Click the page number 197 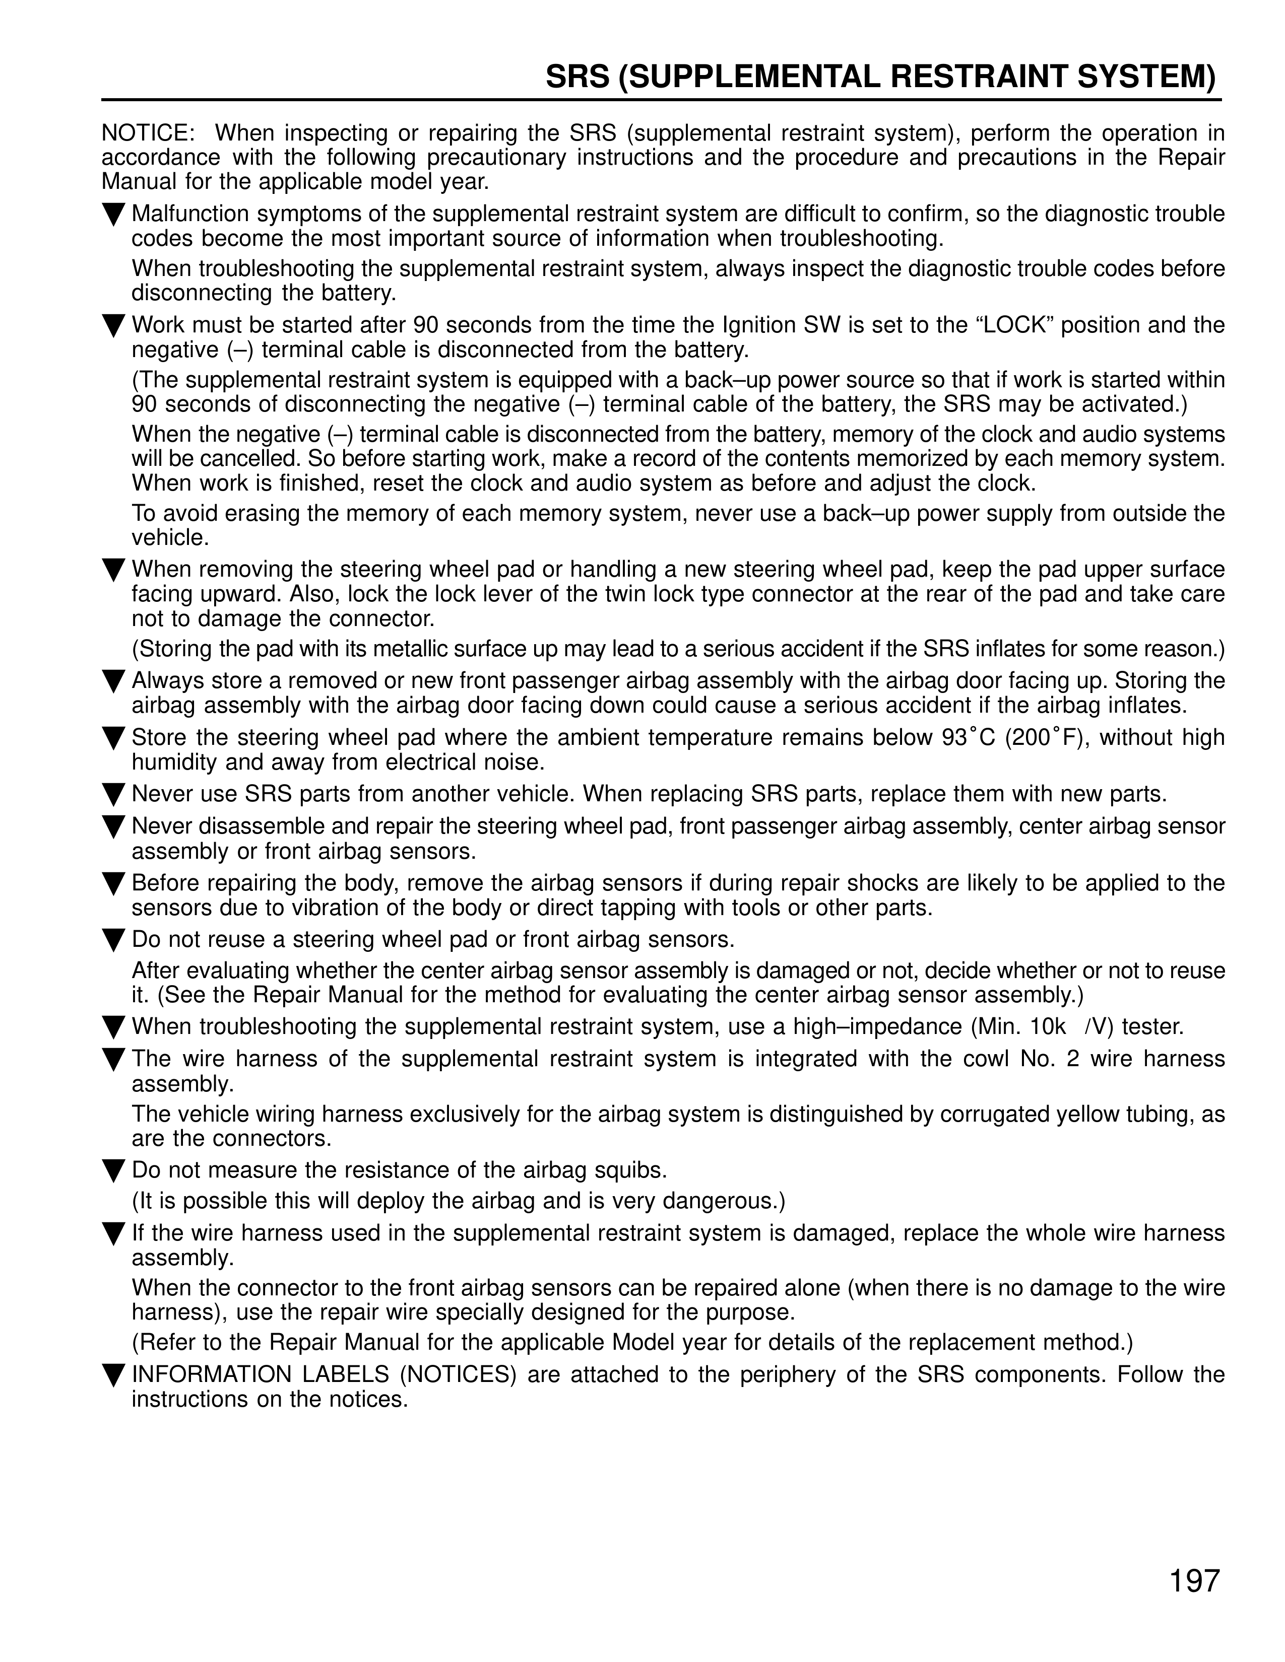coord(1194,1580)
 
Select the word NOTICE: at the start coord(149,133)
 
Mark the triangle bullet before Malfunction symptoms coord(113,216)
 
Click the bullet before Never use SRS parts coord(113,795)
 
